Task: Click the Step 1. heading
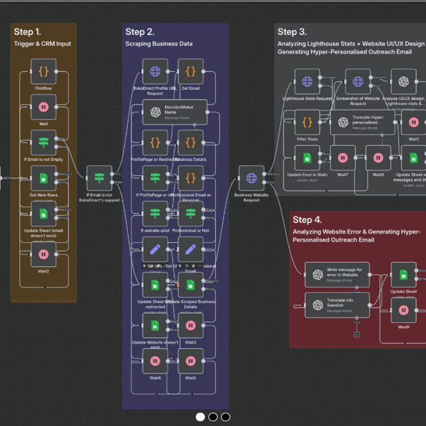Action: tap(27, 32)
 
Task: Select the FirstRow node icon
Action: tap(43, 71)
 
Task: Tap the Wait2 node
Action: tap(43, 254)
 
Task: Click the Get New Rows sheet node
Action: tap(43, 178)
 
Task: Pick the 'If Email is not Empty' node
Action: tap(43, 142)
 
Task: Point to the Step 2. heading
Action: tap(140, 32)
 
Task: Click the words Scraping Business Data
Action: tap(158, 44)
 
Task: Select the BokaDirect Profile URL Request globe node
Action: tap(155, 71)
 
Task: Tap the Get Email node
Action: tap(190, 71)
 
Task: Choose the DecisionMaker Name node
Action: tap(175, 111)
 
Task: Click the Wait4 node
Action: tap(155, 361)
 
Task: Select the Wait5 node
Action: tap(190, 361)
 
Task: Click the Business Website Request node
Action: tap(251, 178)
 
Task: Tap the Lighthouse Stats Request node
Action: tap(307, 82)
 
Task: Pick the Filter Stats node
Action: tap(307, 122)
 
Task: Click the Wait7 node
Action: tap(343, 158)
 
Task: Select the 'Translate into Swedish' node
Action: tap(336, 305)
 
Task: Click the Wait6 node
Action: tap(403, 310)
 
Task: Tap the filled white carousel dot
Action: tap(200, 417)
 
